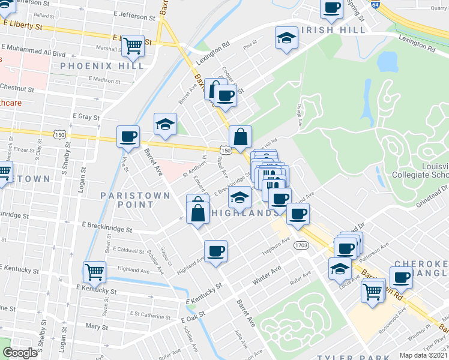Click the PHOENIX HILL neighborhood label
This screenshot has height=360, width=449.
(x=102, y=66)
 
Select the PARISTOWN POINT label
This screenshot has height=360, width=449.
(x=127, y=200)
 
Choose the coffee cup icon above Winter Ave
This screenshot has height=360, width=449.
(x=216, y=250)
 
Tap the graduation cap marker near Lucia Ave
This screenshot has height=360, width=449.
(x=340, y=269)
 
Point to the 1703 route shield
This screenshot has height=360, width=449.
(x=301, y=245)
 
